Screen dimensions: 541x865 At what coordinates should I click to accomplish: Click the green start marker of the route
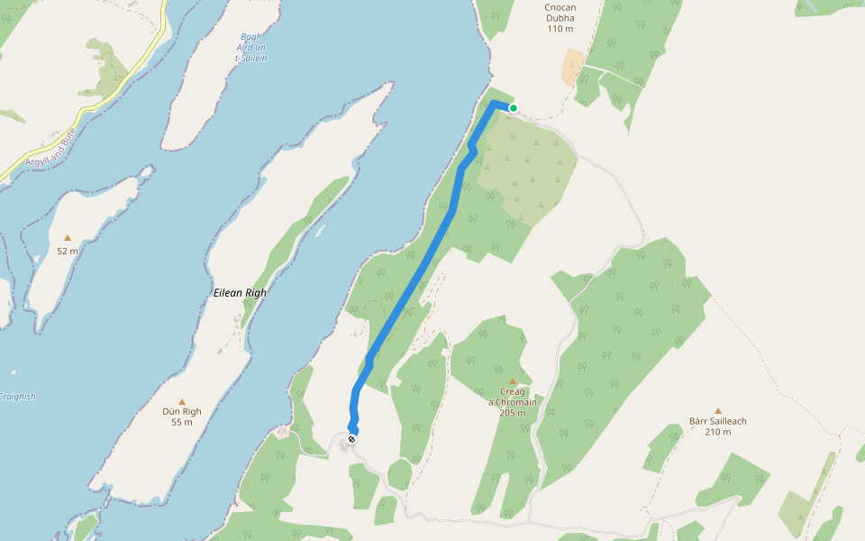tap(514, 108)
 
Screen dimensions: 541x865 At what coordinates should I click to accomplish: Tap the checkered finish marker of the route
tap(351, 439)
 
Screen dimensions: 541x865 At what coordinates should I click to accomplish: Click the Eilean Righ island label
tap(241, 293)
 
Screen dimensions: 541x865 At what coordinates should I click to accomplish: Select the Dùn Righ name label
tap(182, 411)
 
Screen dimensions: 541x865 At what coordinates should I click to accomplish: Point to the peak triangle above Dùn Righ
tap(182, 401)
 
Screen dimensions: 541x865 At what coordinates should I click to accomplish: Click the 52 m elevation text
tap(68, 251)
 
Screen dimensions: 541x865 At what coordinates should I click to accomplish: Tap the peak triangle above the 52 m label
tap(68, 239)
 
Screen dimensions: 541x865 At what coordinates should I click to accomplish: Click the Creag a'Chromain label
tap(512, 397)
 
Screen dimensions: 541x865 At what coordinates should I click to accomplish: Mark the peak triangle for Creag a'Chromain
tap(513, 381)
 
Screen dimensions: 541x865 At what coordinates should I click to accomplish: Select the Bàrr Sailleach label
tap(718, 421)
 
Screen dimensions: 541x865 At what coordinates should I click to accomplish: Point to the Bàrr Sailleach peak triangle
tap(718, 410)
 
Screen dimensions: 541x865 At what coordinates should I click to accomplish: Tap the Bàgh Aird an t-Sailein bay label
tap(251, 48)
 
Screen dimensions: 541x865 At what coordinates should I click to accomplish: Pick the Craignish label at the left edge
tap(16, 396)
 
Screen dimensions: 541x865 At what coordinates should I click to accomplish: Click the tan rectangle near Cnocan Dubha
tap(572, 68)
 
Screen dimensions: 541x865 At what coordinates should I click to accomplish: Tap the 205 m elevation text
tap(512, 413)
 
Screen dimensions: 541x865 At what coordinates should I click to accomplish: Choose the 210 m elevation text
tap(718, 432)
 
